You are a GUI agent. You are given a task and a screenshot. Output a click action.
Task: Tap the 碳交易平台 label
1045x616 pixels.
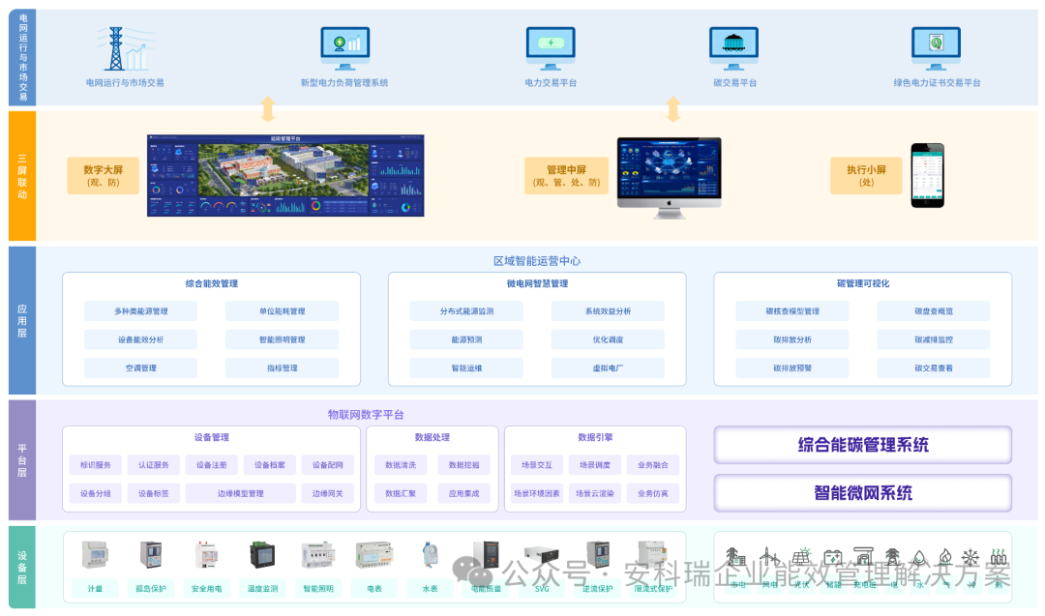[734, 83]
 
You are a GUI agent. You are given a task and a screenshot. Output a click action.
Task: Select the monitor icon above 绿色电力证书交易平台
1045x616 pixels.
[936, 46]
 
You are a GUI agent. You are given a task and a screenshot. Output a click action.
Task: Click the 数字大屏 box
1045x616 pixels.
[103, 175]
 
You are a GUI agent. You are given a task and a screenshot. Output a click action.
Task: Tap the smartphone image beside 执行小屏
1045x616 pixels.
[926, 175]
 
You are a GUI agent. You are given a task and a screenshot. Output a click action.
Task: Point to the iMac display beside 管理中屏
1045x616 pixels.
[669, 171]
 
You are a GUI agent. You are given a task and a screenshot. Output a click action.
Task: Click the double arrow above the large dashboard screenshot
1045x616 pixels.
[268, 109]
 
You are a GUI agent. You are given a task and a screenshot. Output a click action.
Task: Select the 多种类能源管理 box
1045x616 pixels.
[140, 311]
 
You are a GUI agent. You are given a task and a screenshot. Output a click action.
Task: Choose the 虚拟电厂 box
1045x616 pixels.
[608, 368]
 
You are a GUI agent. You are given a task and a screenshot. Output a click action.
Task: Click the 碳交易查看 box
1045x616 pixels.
[933, 368]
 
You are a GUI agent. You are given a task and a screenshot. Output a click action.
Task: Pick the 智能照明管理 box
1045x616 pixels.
[282, 339]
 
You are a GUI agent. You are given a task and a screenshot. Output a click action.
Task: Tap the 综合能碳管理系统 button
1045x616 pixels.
[862, 445]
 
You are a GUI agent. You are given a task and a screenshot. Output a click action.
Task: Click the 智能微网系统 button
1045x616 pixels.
[862, 493]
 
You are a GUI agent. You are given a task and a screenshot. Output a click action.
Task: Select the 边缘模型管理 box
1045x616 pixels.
[240, 494]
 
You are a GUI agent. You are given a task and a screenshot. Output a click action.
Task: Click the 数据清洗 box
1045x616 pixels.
[400, 465]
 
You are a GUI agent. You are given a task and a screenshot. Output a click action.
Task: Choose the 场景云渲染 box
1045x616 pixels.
[594, 494]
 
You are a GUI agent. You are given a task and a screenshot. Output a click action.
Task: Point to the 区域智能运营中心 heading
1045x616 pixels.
[536, 261]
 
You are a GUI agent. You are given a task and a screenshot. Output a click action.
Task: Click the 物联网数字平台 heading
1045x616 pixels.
[366, 415]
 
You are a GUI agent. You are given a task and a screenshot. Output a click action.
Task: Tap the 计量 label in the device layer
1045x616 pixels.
[95, 588]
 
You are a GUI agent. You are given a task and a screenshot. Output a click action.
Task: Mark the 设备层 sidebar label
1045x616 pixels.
[21, 567]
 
